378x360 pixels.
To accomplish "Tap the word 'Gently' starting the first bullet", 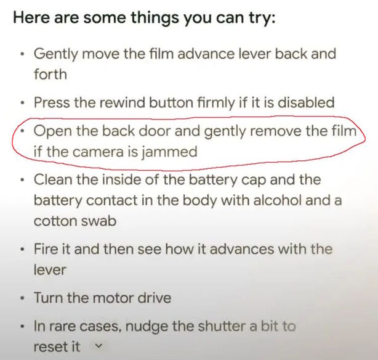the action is pyautogui.click(x=55, y=55).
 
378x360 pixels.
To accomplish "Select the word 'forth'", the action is pyautogui.click(x=50, y=74).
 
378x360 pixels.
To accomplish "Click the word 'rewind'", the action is pyautogui.click(x=122, y=102).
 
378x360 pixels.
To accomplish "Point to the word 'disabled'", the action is pyautogui.click(x=306, y=102).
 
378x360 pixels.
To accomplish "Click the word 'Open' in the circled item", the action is pyautogui.click(x=52, y=132).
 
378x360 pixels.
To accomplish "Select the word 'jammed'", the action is pyautogui.click(x=169, y=153).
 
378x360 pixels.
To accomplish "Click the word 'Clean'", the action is pyautogui.click(x=53, y=179).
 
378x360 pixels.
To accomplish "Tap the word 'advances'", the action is pyautogui.click(x=242, y=249).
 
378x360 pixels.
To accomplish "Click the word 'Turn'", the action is pyautogui.click(x=49, y=298).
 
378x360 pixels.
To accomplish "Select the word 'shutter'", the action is pyautogui.click(x=222, y=326).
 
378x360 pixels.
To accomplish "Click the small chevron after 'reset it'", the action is pyautogui.click(x=98, y=346).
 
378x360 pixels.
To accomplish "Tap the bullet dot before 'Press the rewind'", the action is pyautogui.click(x=23, y=103).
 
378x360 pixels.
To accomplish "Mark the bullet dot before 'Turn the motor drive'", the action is pyautogui.click(x=23, y=298).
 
